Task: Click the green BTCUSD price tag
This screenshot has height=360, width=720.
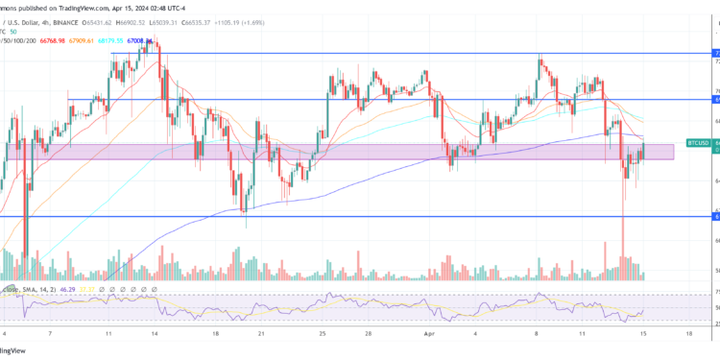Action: click(698, 141)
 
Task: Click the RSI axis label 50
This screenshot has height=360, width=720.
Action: click(716, 307)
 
